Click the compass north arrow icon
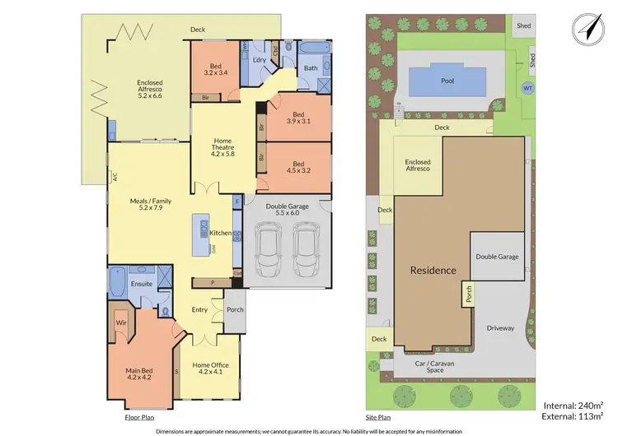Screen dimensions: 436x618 [588, 26]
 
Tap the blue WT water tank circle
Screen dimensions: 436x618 [528, 88]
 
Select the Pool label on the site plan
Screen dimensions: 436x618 [447, 81]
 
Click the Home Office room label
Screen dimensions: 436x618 [210, 368]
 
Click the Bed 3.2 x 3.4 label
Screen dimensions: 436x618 [215, 68]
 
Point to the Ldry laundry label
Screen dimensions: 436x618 [259, 61]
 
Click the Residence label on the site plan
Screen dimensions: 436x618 [433, 270]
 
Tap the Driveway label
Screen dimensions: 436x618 [499, 327]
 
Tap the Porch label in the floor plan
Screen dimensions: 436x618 [235, 310]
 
